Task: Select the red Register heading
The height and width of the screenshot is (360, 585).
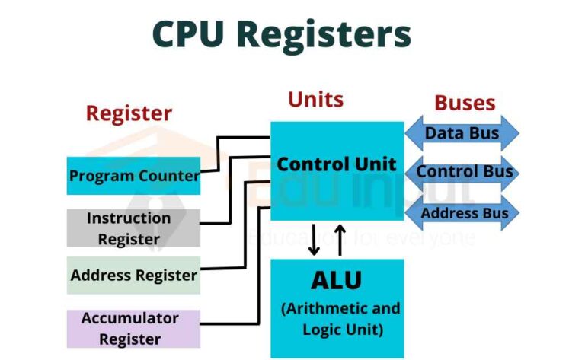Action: point(129,113)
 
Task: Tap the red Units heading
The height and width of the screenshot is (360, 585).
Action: point(315,100)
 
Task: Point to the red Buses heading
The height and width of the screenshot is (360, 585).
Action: point(465,104)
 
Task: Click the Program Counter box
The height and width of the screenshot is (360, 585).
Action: point(133,176)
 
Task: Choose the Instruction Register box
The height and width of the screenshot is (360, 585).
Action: point(133,228)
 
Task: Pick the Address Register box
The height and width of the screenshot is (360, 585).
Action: point(133,275)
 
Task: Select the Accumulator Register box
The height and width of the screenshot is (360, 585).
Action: point(133,328)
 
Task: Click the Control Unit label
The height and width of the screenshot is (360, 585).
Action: point(336,164)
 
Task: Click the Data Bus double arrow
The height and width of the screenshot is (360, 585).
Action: point(462,133)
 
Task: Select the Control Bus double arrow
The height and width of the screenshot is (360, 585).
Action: point(462,172)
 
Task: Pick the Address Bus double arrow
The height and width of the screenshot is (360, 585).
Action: point(462,213)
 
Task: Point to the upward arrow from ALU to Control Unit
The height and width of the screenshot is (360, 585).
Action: point(340,239)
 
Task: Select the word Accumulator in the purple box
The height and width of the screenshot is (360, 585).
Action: point(129,317)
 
